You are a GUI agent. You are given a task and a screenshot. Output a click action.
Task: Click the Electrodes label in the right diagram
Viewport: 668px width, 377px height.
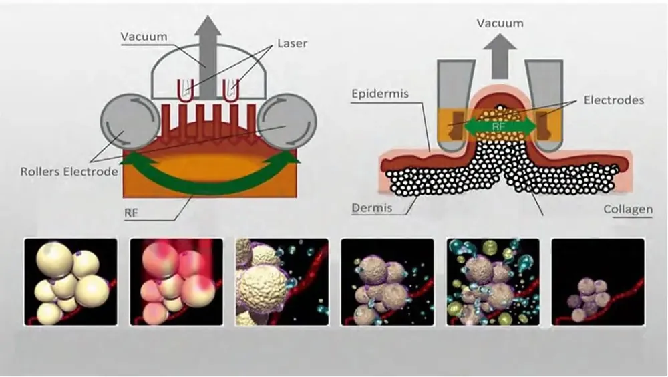(x=613, y=100)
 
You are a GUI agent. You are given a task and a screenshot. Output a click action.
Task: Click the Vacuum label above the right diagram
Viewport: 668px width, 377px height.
(x=500, y=24)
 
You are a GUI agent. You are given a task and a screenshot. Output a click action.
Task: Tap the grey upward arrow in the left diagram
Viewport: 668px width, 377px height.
(x=208, y=47)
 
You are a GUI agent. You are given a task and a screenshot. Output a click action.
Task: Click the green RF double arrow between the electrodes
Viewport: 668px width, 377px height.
(x=499, y=126)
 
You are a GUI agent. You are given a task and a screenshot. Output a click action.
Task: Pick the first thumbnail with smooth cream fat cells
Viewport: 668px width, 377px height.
(x=70, y=281)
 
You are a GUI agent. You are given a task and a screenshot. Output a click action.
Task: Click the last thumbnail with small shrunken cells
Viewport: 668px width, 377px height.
(x=597, y=281)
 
